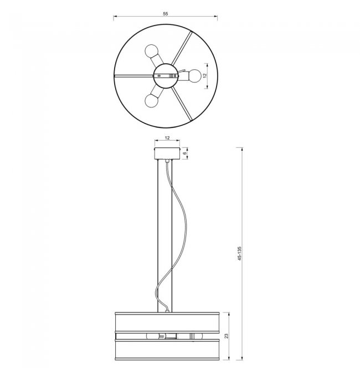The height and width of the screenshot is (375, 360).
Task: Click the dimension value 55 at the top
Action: [x=166, y=14]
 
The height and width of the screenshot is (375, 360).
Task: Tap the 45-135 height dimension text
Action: [x=240, y=253]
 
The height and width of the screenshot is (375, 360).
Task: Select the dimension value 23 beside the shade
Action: [x=227, y=336]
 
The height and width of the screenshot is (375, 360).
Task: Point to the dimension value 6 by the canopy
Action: [x=184, y=153]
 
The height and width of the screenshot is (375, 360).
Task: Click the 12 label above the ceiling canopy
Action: [x=167, y=138]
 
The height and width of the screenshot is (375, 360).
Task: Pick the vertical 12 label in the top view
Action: [x=204, y=75]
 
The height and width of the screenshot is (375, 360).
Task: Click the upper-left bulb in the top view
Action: [x=151, y=51]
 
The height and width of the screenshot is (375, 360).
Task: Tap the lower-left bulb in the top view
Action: [x=152, y=101]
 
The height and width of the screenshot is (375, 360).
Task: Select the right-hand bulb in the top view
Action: [x=195, y=76]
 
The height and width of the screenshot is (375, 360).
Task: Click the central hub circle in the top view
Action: [x=166, y=76]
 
